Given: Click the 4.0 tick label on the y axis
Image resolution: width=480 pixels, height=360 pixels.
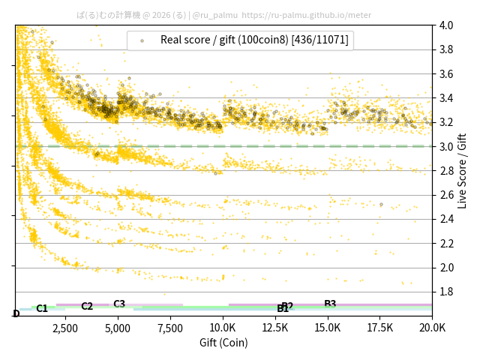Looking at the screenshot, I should (445, 25).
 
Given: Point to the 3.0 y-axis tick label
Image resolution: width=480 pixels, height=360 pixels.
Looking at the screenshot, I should (445, 146).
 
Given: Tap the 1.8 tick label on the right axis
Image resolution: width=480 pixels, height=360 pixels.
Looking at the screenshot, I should (445, 292).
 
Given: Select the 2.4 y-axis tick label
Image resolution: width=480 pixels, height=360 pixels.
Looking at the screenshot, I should (445, 219).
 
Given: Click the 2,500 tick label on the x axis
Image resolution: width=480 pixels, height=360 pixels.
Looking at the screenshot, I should (65, 328).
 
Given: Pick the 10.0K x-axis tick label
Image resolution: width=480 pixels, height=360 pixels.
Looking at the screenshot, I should (223, 328).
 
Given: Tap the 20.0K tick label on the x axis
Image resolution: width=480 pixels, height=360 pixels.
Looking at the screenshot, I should (431, 328).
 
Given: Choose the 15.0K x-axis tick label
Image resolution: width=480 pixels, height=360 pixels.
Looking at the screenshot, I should (327, 328).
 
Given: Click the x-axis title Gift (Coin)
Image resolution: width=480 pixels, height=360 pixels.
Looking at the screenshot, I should (223, 343).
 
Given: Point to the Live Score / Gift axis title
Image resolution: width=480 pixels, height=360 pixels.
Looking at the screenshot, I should (462, 170).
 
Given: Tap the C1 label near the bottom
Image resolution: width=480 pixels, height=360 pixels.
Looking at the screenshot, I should (42, 308).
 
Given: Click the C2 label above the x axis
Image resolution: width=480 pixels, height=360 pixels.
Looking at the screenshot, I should (87, 306).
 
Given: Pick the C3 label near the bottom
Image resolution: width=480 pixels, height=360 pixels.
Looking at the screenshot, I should (119, 304).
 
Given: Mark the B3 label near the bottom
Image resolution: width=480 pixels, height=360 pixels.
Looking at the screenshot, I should (330, 304).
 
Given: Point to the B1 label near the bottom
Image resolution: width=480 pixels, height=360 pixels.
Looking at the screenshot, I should (282, 309).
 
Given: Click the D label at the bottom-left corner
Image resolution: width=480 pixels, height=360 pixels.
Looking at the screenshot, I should (16, 313).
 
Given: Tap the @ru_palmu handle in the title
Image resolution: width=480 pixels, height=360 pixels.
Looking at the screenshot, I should (215, 14).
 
